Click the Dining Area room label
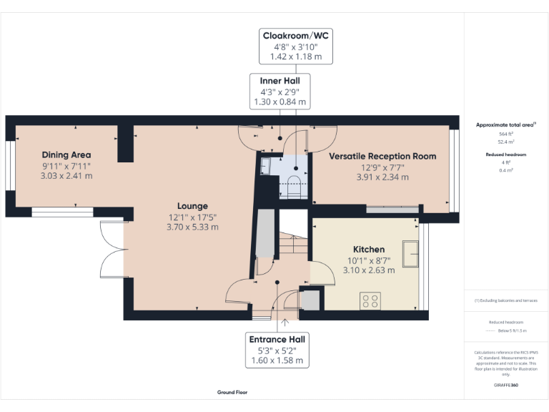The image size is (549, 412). tap(66, 155)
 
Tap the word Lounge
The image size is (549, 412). tap(192, 205)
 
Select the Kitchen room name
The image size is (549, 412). tap(368, 250)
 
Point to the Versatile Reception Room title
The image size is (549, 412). tap(382, 156)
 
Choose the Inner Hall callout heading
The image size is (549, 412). tap(280, 81)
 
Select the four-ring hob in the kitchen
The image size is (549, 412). tap(370, 301)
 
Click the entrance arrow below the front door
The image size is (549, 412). tap(285, 323)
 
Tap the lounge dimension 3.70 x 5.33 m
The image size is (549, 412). tap(192, 227)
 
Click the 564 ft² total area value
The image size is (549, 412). tap(505, 134)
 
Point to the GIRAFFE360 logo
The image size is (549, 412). tap(505, 386)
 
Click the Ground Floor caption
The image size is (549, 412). tap(232, 393)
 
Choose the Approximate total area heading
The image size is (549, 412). tap(505, 124)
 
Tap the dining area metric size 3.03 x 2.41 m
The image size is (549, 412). tap(66, 175)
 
